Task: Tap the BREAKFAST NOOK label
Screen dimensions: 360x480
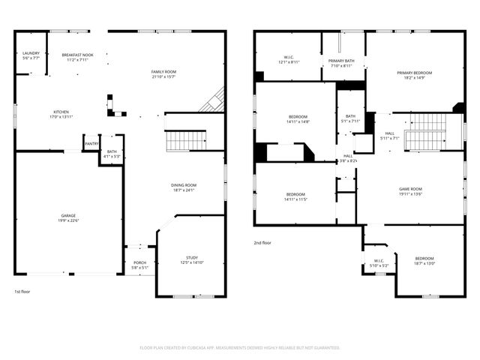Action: click(77, 55)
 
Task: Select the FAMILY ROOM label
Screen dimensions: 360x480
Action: click(163, 73)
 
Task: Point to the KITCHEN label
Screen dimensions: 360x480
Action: click(61, 114)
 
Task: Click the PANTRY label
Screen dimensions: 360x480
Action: click(91, 144)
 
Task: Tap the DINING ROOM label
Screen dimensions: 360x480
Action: click(184, 187)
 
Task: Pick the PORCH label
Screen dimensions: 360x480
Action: click(140, 265)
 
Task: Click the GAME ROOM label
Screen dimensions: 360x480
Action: click(410, 190)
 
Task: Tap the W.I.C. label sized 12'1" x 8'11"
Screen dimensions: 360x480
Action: click(289, 59)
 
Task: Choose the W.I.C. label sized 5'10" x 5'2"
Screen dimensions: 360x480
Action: click(378, 262)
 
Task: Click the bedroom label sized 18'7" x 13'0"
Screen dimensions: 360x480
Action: click(424, 259)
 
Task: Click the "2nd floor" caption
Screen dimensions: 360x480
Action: click(262, 242)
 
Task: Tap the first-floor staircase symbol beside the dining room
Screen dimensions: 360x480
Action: click(185, 140)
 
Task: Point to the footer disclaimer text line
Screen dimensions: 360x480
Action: click(240, 347)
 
